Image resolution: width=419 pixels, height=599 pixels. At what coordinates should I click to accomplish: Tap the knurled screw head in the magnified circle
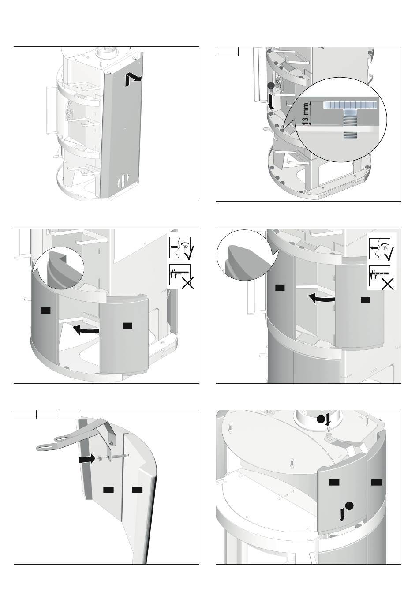click(348, 105)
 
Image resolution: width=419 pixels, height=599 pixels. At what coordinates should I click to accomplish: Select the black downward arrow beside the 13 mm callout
click(271, 102)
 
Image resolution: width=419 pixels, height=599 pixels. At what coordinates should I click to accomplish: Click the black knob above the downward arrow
click(271, 86)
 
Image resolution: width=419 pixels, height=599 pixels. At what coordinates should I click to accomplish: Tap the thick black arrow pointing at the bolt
click(86, 460)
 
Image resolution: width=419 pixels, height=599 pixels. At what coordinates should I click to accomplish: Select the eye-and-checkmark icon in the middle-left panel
click(182, 248)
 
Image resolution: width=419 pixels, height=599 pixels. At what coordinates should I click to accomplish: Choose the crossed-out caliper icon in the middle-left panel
click(181, 276)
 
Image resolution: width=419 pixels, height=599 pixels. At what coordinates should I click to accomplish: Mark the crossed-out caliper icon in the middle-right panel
click(381, 277)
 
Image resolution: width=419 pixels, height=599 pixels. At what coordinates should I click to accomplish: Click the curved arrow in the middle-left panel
click(86, 330)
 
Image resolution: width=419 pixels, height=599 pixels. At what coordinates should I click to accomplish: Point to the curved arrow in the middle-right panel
click(322, 298)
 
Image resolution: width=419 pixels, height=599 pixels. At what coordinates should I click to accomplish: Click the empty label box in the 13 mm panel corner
click(227, 51)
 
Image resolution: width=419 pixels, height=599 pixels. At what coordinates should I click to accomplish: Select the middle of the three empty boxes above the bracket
click(48, 414)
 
